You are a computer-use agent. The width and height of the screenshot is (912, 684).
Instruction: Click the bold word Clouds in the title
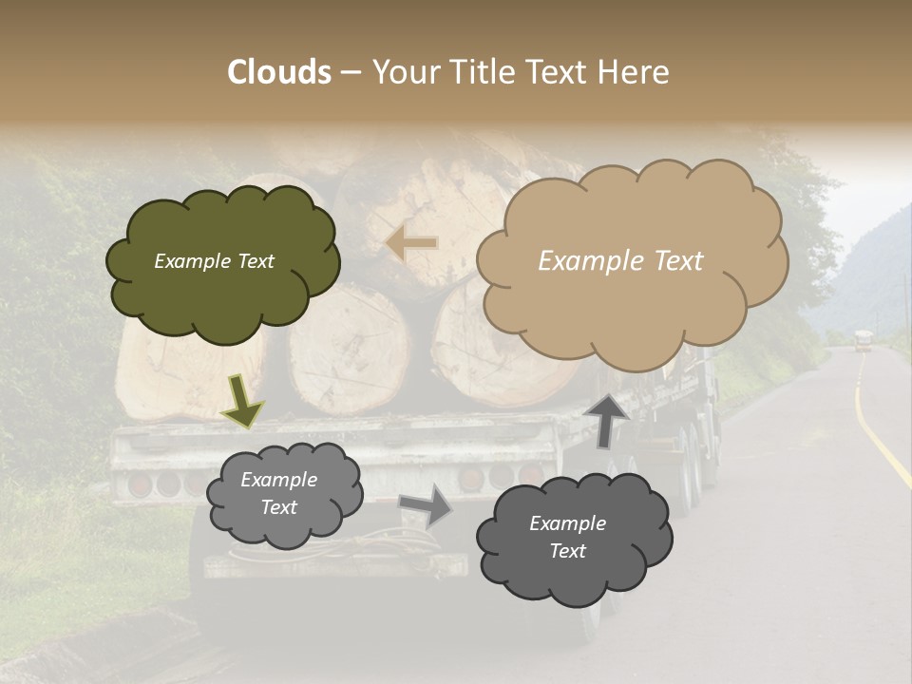279,71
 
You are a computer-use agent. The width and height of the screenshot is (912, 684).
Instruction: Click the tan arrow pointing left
412,243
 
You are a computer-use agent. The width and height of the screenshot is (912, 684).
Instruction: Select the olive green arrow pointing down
243,400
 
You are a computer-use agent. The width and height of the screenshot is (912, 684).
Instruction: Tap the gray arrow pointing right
427,505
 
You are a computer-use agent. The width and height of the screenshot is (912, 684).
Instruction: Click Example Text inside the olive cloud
214,261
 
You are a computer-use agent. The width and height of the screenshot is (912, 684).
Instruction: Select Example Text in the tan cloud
620,261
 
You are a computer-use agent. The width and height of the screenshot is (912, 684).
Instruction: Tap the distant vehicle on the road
862,340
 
